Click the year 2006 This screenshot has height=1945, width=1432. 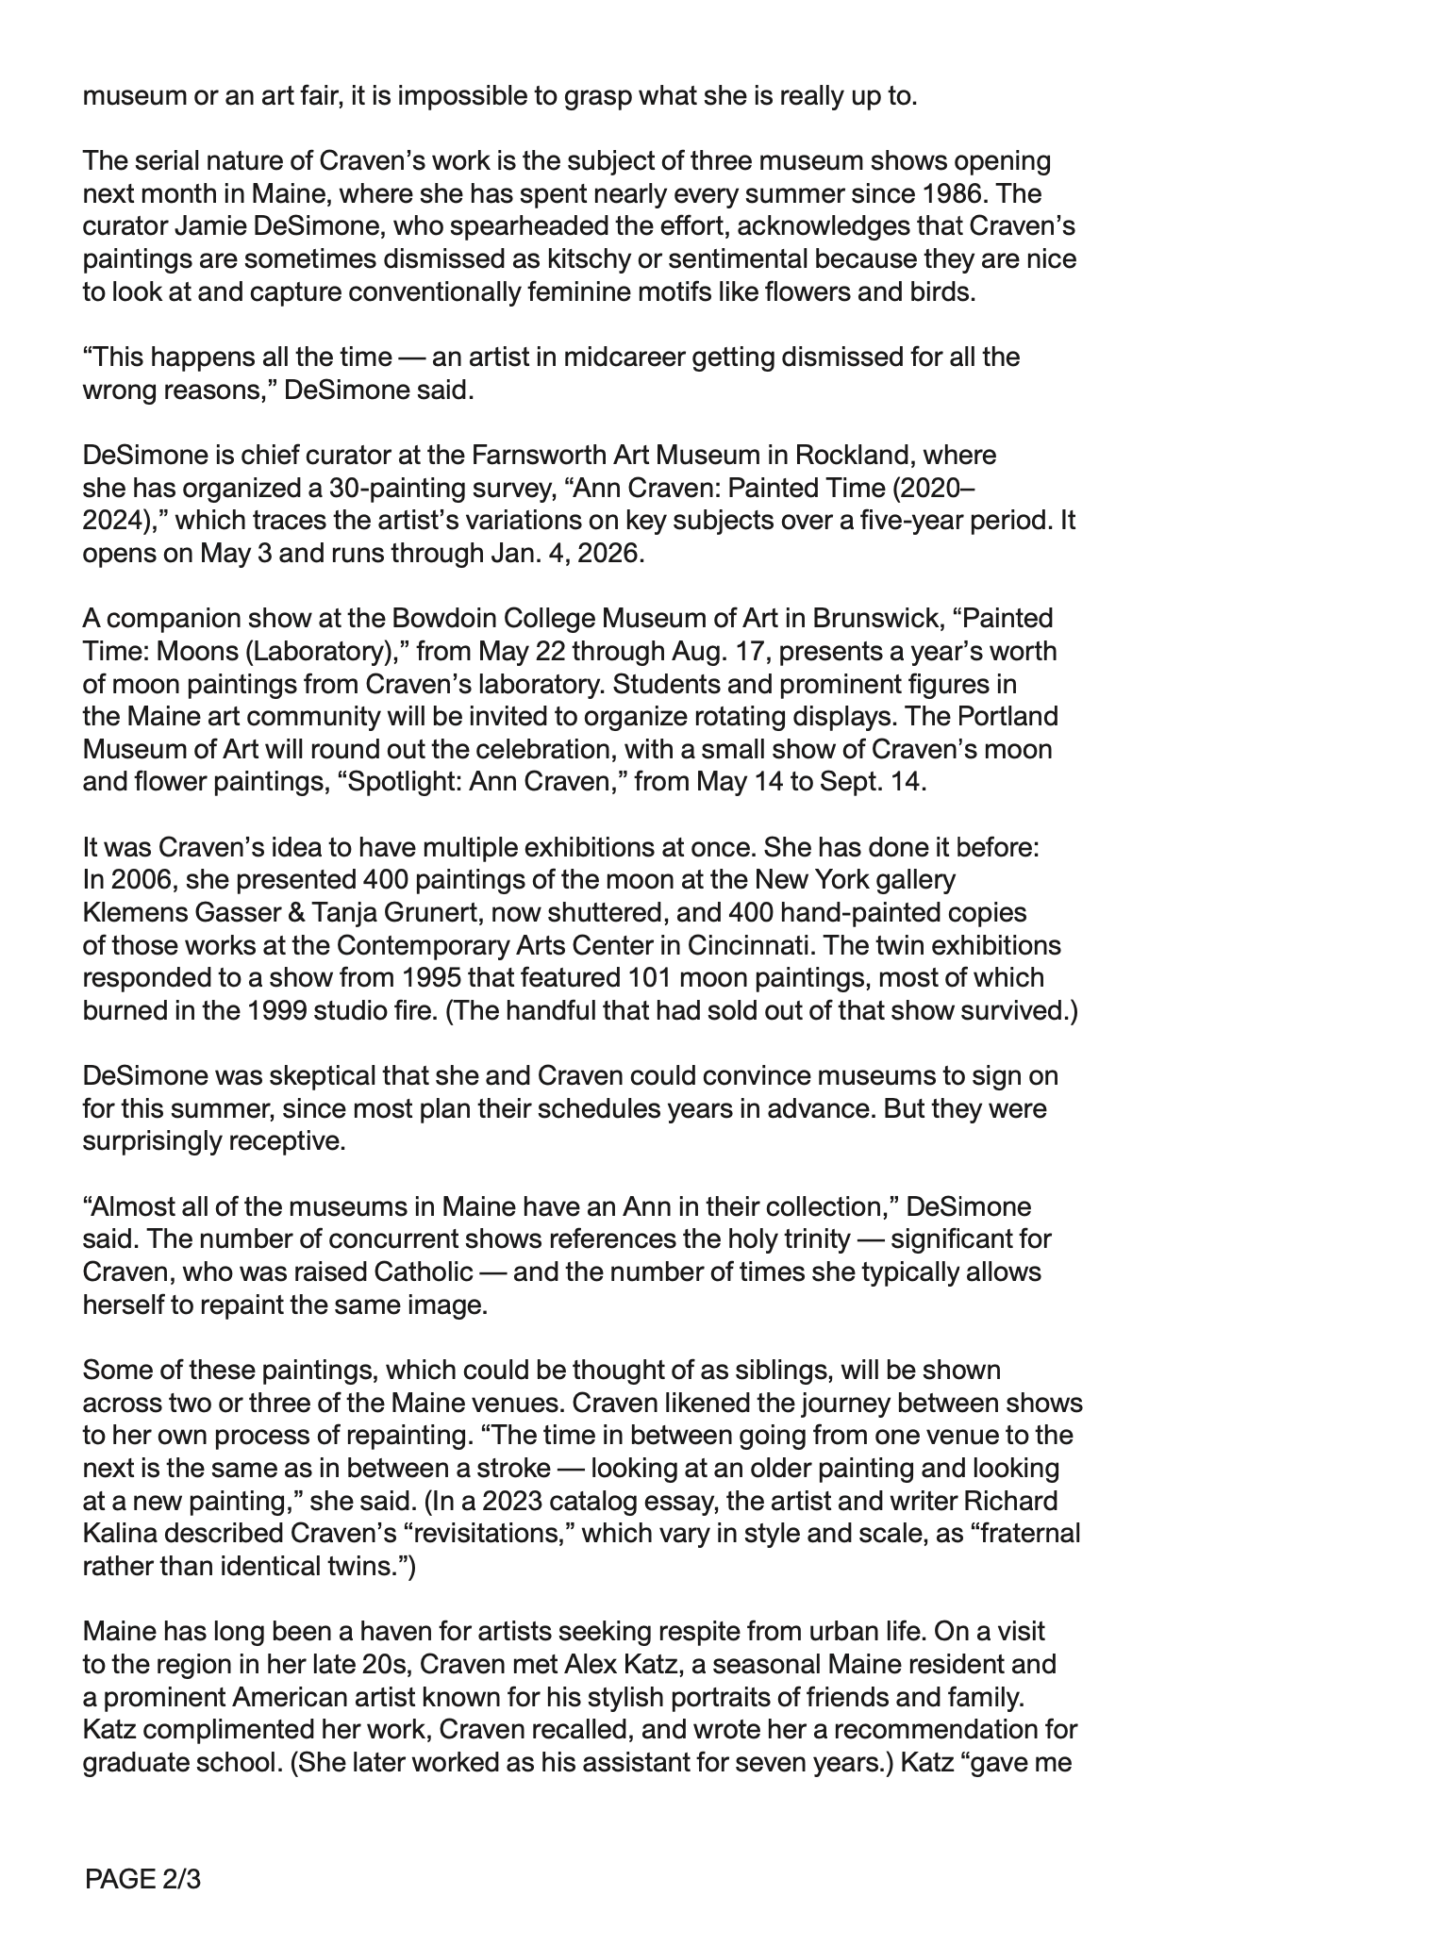pos(142,880)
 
